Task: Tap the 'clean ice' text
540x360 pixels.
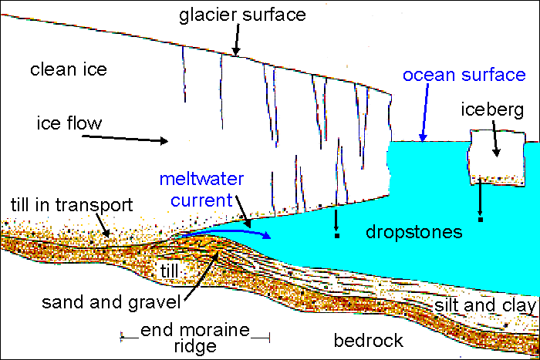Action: (68, 70)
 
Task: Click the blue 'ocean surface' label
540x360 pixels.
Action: (464, 76)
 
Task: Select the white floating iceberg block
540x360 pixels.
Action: (495, 154)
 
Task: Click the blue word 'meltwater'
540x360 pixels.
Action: (197, 180)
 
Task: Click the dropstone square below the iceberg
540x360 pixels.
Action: (480, 220)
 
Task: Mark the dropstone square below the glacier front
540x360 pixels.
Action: (336, 235)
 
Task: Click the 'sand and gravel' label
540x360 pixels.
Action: (111, 299)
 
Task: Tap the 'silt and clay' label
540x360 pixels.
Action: (484, 306)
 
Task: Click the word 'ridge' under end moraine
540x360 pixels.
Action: (195, 347)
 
